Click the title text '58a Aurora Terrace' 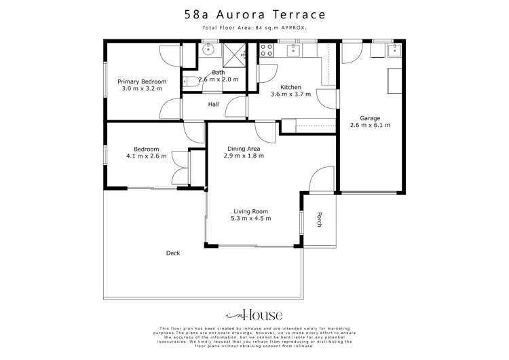click(254, 14)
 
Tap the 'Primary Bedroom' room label click(142, 82)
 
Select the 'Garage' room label click(371, 117)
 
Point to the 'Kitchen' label click(290, 87)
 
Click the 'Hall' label click(213, 104)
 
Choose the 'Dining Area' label click(243, 148)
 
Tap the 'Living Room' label click(252, 211)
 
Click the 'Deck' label click(173, 253)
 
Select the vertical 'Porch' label click(318, 219)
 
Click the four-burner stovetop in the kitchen click(267, 50)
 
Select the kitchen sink click(293, 49)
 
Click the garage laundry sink click(393, 50)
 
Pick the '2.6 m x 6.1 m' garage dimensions click(371, 125)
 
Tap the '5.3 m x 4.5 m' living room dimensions click(252, 219)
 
